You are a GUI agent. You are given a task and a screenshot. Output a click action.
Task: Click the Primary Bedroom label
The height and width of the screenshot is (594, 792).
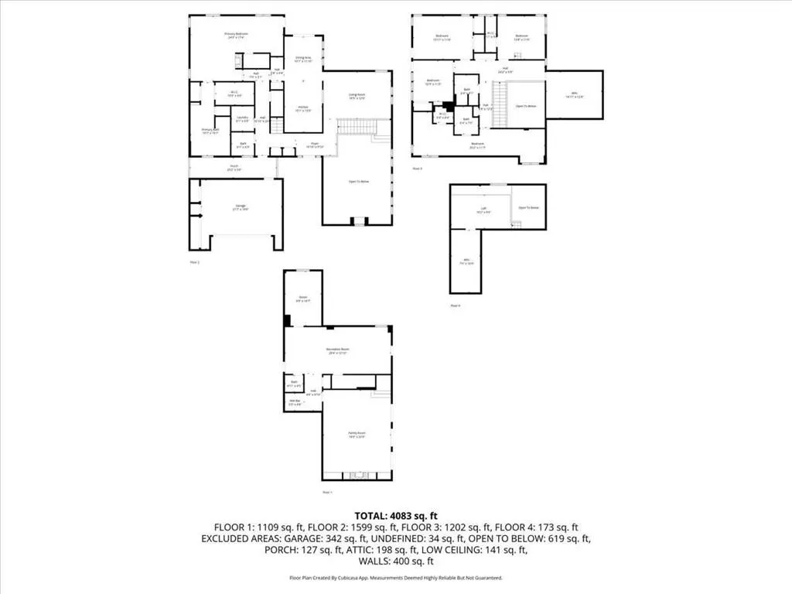click(x=236, y=35)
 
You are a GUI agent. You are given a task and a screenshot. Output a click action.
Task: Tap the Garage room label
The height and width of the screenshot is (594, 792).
click(x=241, y=207)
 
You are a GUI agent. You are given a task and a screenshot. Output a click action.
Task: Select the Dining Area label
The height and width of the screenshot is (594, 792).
click(x=302, y=58)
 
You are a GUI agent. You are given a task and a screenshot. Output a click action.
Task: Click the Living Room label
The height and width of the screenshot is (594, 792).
click(x=357, y=96)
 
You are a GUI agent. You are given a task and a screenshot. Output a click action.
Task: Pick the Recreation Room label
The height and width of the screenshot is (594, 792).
click(x=336, y=352)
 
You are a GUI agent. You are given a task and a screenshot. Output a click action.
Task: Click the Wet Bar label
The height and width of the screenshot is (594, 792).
click(x=295, y=401)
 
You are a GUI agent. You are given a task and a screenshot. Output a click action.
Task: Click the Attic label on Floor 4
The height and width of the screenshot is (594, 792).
click(x=467, y=261)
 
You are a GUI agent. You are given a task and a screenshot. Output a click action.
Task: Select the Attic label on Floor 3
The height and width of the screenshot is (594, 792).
click(x=573, y=95)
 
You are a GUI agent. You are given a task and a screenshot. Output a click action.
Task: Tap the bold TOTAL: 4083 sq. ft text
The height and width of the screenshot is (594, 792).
click(x=396, y=515)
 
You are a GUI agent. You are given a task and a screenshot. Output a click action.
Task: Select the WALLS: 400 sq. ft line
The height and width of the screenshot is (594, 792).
click(x=396, y=562)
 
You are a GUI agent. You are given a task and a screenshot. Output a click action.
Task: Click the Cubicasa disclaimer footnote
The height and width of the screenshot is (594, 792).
click(x=396, y=578)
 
